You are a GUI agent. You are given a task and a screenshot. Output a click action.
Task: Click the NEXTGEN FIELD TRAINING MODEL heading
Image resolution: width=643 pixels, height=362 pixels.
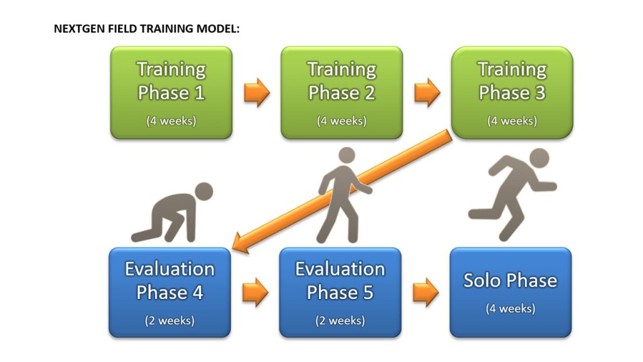point(146,29)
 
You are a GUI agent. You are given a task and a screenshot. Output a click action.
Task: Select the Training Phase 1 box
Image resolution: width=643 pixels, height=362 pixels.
point(171,92)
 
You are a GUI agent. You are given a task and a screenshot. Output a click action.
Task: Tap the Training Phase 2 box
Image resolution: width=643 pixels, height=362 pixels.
point(342,92)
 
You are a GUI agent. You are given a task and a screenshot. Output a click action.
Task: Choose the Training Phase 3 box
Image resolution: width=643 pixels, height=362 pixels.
point(512,92)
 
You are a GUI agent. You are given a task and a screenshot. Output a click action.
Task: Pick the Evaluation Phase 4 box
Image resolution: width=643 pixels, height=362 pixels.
point(170,292)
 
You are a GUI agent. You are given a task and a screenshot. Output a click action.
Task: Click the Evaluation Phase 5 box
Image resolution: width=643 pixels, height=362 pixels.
point(340,292)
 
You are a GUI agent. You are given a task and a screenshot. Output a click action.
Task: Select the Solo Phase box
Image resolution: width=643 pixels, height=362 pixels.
point(511,292)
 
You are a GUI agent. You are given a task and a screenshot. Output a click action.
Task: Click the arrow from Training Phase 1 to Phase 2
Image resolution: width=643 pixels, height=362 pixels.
point(257,93)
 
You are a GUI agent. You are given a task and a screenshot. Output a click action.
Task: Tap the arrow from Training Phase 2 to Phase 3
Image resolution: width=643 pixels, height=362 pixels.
point(427,93)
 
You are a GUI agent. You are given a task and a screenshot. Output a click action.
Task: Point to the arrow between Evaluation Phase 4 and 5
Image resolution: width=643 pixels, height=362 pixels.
point(256,292)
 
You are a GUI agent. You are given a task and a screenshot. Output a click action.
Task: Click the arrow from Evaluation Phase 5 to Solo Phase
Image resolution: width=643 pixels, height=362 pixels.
point(426,292)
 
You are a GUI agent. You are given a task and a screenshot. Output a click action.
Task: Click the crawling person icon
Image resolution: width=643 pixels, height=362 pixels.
point(172,212)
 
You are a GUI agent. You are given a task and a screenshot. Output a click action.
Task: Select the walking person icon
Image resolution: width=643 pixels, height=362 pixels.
point(345,195)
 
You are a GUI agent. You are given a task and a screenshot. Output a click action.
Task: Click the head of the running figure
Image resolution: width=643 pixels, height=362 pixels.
point(539,158)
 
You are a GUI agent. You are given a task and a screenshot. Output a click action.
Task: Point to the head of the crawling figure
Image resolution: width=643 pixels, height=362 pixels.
point(203,192)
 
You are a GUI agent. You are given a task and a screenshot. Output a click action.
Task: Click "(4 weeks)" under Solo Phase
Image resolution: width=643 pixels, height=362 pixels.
point(511,308)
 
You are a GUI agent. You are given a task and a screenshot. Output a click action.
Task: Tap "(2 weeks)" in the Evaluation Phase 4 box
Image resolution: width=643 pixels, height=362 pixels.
point(170,320)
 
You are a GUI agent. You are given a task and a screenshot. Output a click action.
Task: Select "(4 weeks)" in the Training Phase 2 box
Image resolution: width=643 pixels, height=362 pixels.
point(342,121)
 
